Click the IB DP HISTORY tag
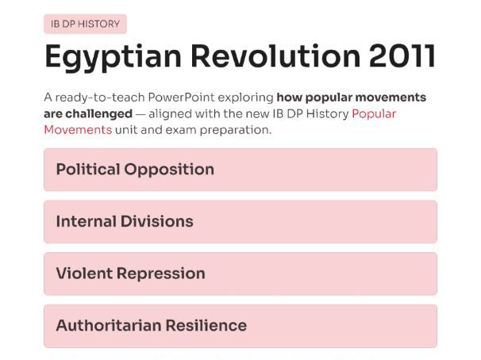coord(85,24)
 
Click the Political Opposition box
coord(240,170)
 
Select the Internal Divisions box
coord(240,222)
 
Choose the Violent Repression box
coord(240,274)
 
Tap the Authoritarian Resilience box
coord(240,326)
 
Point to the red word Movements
coord(78,129)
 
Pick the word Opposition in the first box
coord(172,170)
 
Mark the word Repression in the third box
coord(161,274)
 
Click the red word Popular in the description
coord(374,113)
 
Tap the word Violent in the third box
coord(83,274)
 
